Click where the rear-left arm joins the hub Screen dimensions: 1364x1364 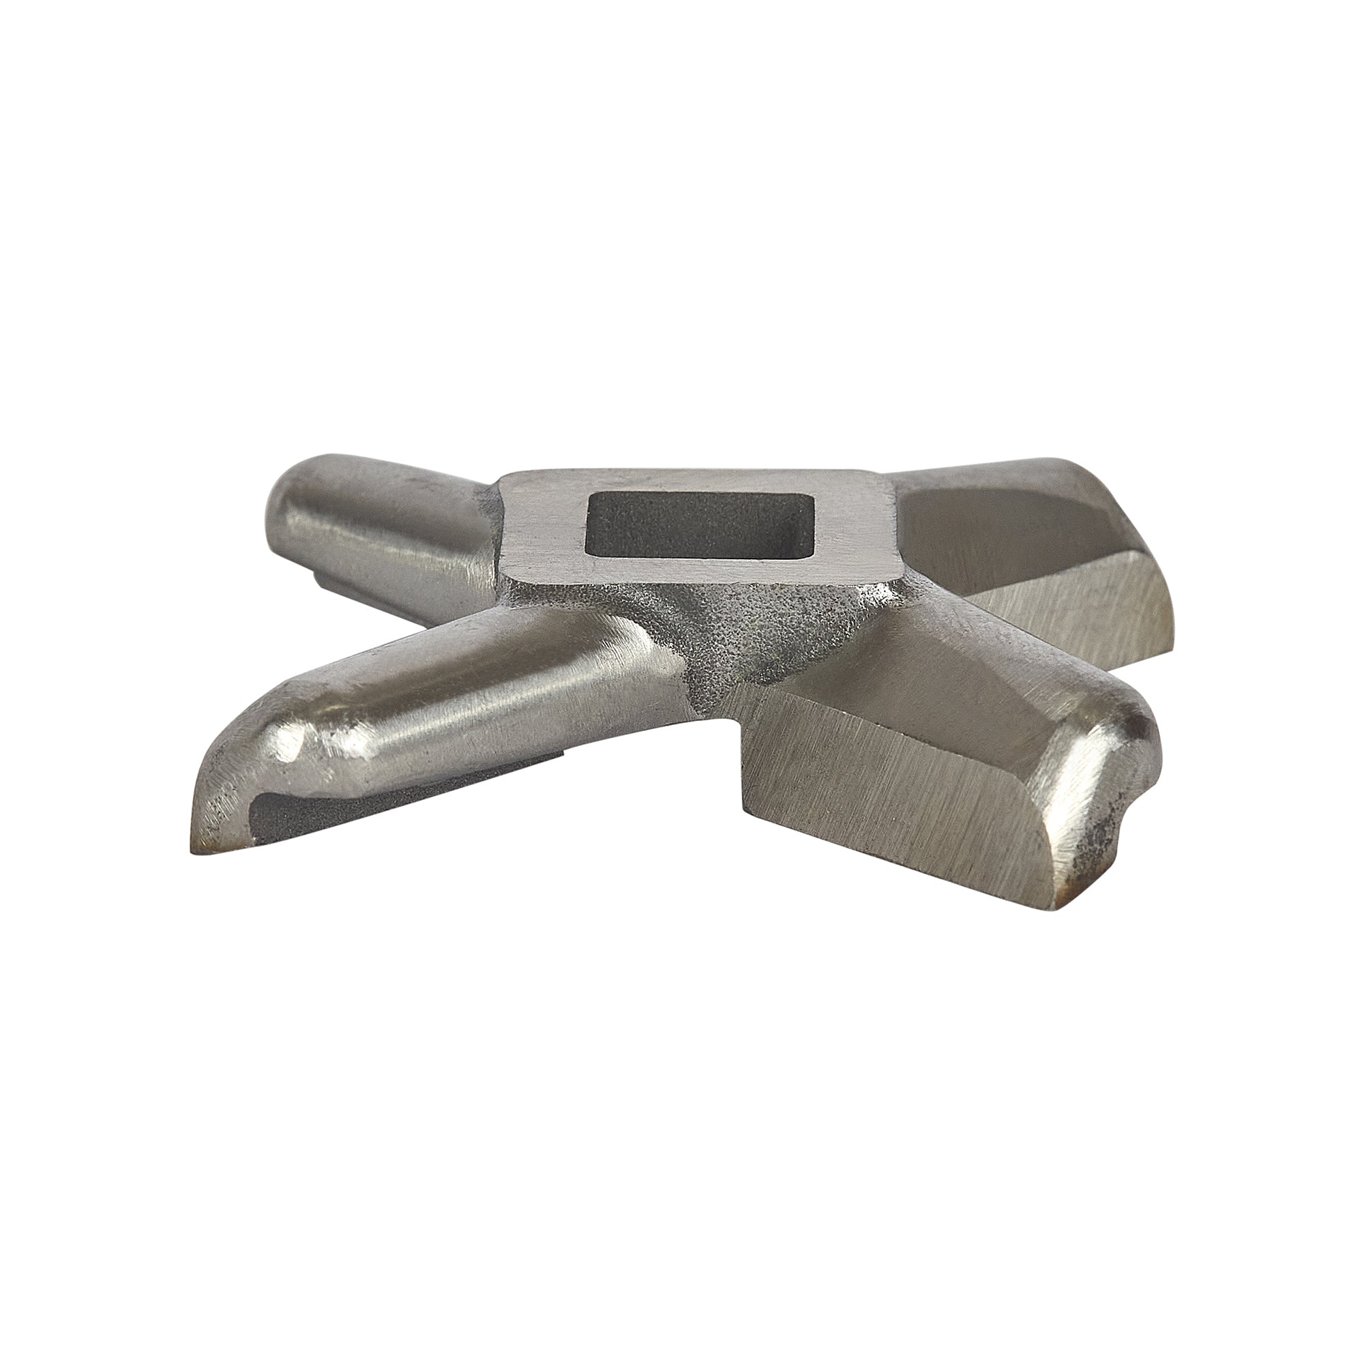487,537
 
